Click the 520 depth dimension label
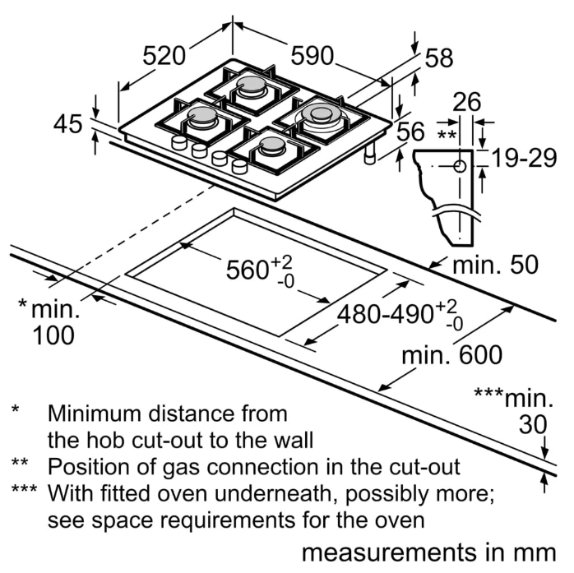(163, 56)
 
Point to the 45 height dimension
(69, 124)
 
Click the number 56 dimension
(411, 132)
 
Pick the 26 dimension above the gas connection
(467, 102)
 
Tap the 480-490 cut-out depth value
(385, 313)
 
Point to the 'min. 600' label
(451, 355)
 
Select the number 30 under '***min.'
(533, 424)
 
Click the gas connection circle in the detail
(459, 166)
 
